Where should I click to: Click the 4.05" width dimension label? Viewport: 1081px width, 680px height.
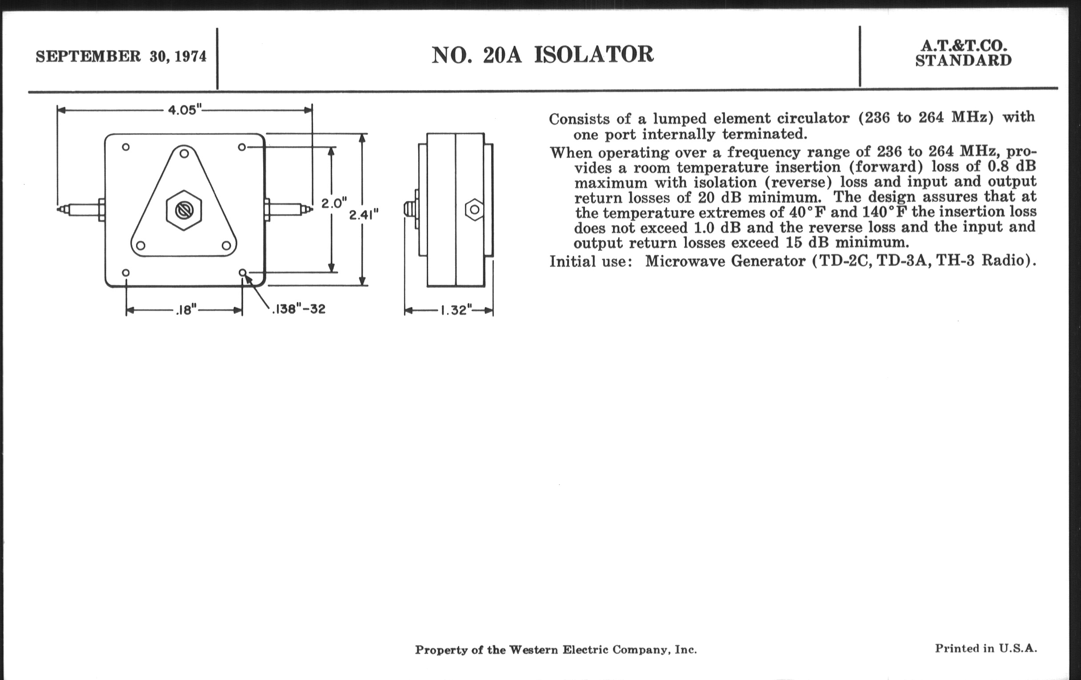pyautogui.click(x=184, y=110)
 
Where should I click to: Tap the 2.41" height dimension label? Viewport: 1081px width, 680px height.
pyautogui.click(x=364, y=215)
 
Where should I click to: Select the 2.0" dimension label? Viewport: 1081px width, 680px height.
pyautogui.click(x=333, y=203)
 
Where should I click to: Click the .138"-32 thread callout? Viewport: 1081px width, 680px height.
pyautogui.click(x=298, y=309)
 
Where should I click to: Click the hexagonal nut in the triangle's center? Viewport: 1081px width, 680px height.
pyautogui.click(x=184, y=210)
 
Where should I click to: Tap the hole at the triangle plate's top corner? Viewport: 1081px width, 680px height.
pyautogui.click(x=184, y=153)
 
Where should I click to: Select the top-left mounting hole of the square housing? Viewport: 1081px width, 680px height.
pyautogui.click(x=126, y=147)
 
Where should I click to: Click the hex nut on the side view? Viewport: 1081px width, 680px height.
pyautogui.click(x=475, y=210)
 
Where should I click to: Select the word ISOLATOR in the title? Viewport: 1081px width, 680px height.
pyautogui.click(x=593, y=55)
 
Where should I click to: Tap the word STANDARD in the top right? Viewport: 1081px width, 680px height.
pyautogui.click(x=963, y=60)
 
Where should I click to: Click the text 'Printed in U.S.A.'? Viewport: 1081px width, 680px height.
pyautogui.click(x=986, y=648)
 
